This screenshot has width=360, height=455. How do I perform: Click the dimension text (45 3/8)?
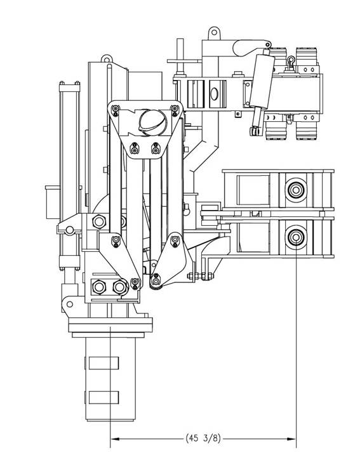[x=203, y=438]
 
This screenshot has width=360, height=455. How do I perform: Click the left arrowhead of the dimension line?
[x=115, y=439]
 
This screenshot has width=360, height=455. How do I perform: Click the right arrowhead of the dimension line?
[x=291, y=439]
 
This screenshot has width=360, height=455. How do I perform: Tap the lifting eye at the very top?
[x=214, y=33]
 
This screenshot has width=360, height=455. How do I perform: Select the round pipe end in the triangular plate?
[x=153, y=122]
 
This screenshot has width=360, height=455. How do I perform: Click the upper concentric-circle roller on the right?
[x=295, y=190]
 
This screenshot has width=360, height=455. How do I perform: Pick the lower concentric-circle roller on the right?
[x=295, y=237]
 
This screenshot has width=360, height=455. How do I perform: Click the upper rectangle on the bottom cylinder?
[x=103, y=363]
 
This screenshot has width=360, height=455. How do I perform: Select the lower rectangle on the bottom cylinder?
[x=103, y=397]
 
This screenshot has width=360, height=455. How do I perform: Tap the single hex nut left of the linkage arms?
[x=99, y=221]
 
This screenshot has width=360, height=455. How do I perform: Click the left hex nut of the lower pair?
[x=98, y=287]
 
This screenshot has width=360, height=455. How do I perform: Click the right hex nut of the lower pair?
[x=120, y=287]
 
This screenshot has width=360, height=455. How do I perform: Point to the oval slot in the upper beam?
[x=214, y=93]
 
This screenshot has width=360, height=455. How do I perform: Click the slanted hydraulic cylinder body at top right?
[x=262, y=81]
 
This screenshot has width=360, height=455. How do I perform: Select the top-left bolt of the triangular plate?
[x=116, y=110]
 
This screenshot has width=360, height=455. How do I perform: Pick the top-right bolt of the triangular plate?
[x=175, y=110]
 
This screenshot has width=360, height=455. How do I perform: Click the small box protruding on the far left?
[x=53, y=202]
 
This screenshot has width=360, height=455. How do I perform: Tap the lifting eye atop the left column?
[x=107, y=59]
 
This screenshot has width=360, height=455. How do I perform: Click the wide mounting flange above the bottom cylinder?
[x=110, y=325]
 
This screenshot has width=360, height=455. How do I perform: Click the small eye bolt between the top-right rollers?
[x=290, y=62]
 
